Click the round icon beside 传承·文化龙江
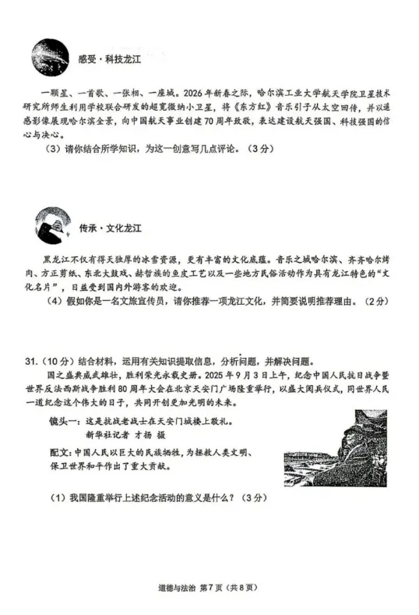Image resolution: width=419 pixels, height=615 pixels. pyautogui.click(x=51, y=226)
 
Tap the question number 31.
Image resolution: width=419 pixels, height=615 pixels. pyautogui.click(x=31, y=361)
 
